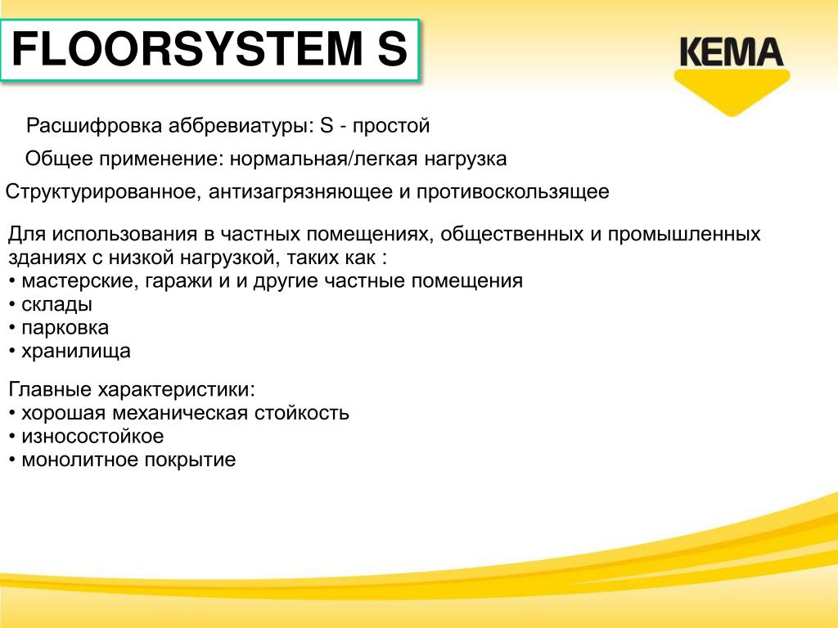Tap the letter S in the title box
pyautogui.click(x=393, y=49)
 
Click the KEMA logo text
pyautogui.click(x=732, y=52)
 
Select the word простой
pyautogui.click(x=391, y=126)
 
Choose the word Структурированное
pyautogui.click(x=103, y=191)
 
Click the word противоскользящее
pyautogui.click(x=512, y=191)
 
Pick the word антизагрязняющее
pyautogui.click(x=300, y=191)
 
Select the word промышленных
pyautogui.click(x=684, y=235)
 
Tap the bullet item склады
pyautogui.click(x=51, y=304)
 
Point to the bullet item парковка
pyautogui.click(x=59, y=328)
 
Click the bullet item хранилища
pyautogui.click(x=70, y=352)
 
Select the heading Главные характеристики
pyautogui.click(x=132, y=389)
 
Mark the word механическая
pyautogui.click(x=181, y=413)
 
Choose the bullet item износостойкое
pyautogui.click(x=87, y=437)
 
